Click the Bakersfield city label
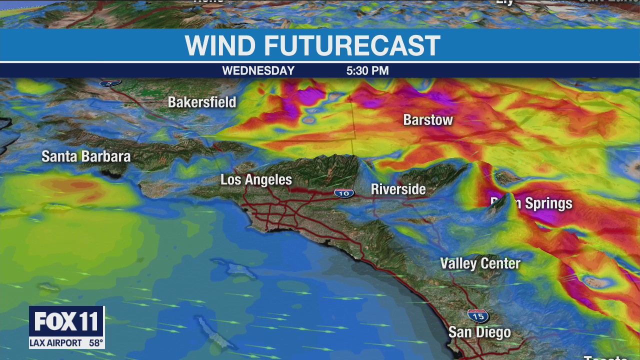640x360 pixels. [202, 102]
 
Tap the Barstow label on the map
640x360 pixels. [428, 120]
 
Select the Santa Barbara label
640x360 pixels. [86, 156]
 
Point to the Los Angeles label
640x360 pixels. [256, 180]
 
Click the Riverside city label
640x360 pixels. [398, 189]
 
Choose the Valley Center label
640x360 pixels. [480, 263]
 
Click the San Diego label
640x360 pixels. [479, 332]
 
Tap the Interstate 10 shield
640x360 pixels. [344, 193]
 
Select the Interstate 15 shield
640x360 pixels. [478, 316]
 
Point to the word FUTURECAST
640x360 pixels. [352, 46]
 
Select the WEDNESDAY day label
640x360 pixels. [258, 71]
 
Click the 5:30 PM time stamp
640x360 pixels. [367, 71]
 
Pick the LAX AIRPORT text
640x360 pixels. [55, 343]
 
